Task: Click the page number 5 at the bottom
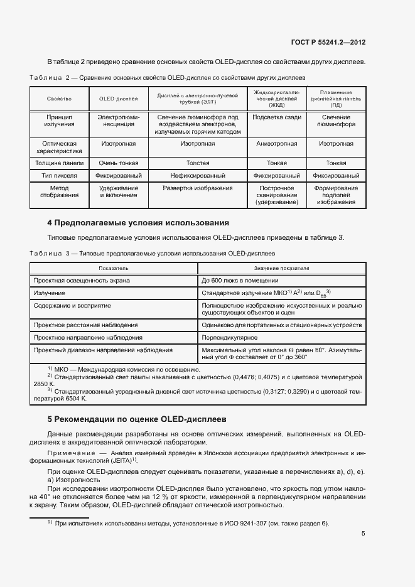[x=364, y=534]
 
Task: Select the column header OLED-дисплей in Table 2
[x=119, y=99]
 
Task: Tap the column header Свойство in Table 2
[x=59, y=99]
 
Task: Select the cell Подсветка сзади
[x=276, y=117]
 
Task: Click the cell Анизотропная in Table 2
[x=276, y=144]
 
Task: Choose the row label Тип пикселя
[x=60, y=176]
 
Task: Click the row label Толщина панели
[x=60, y=163]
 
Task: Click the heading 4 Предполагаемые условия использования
[x=138, y=223]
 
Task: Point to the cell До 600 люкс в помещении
[x=240, y=281]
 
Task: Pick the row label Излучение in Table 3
[x=50, y=293]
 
